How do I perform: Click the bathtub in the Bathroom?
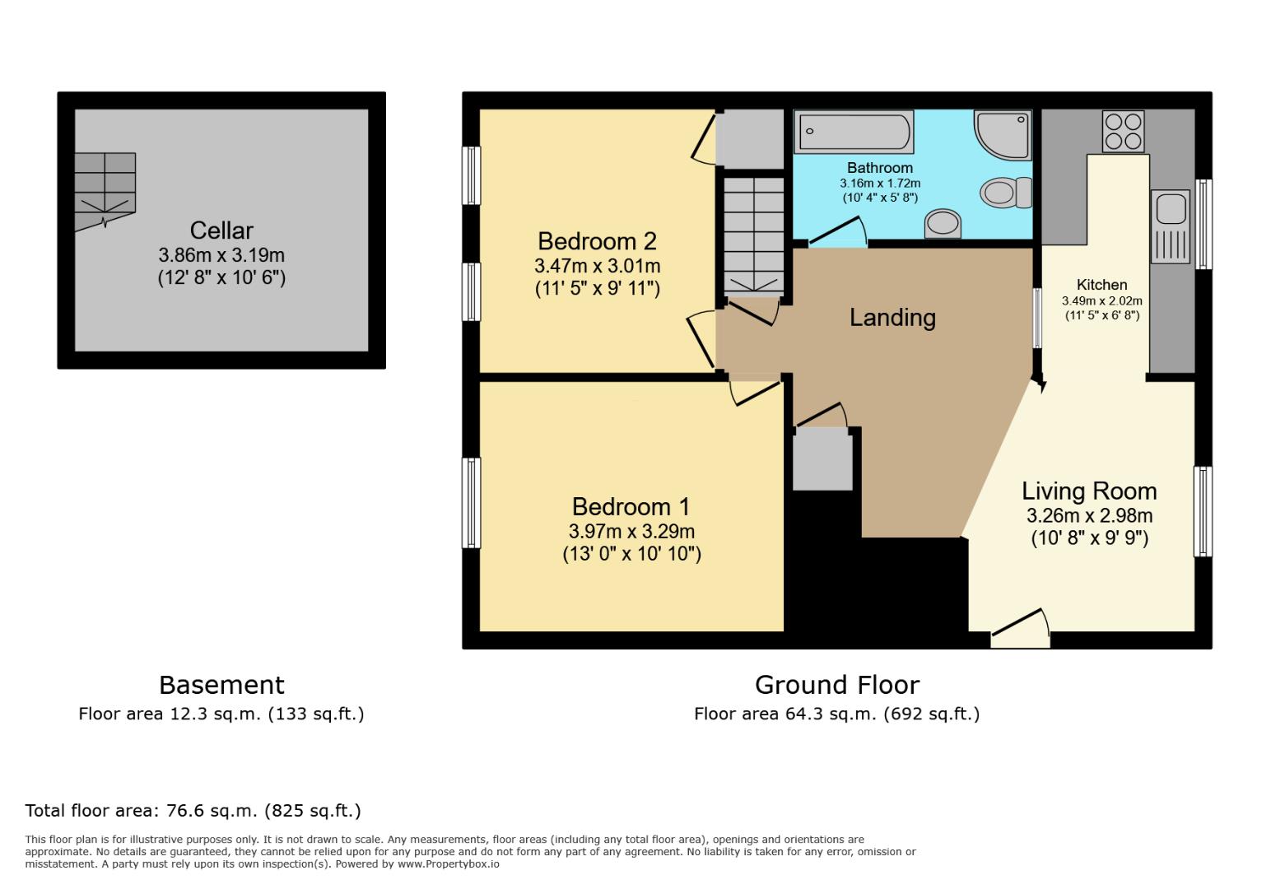click(854, 132)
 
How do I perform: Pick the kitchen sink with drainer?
click(1171, 226)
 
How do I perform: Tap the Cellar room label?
click(221, 230)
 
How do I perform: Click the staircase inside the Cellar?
click(105, 189)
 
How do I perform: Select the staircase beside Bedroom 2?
click(753, 235)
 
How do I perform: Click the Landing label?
click(892, 318)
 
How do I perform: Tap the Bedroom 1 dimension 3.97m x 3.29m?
click(631, 532)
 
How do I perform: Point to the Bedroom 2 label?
click(597, 241)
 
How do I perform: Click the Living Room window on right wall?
click(1203, 511)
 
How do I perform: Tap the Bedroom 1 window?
click(471, 502)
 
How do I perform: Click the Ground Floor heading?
click(836, 685)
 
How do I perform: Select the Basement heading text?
click(221, 685)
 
